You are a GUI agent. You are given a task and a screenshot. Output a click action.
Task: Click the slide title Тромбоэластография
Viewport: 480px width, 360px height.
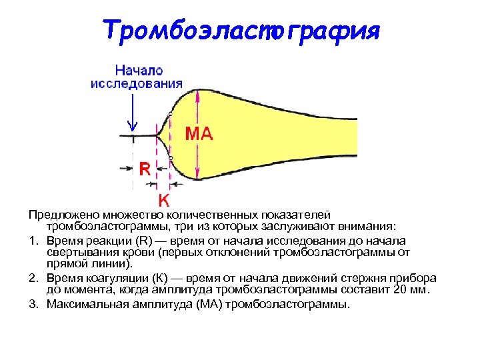pyautogui.click(x=241, y=30)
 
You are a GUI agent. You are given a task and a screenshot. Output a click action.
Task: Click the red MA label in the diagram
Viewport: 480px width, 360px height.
pyautogui.click(x=199, y=134)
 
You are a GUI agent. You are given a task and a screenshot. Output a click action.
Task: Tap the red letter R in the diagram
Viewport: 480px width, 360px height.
pyautogui.click(x=144, y=169)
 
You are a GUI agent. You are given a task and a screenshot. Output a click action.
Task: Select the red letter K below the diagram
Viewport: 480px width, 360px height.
pyautogui.click(x=163, y=199)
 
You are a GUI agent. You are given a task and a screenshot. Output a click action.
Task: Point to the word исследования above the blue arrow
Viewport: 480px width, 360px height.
pyautogui.click(x=138, y=83)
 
